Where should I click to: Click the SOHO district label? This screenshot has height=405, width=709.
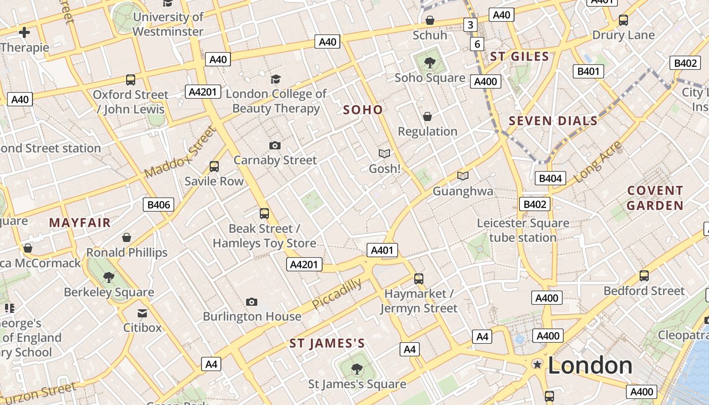[x=363, y=109]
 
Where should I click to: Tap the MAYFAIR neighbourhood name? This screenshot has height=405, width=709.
[x=80, y=222]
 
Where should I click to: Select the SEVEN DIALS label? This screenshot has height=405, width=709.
[x=553, y=121]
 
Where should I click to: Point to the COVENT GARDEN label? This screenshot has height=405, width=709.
[x=655, y=198]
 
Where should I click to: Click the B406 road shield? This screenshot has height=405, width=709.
[x=159, y=205]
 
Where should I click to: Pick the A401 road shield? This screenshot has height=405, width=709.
[x=382, y=250]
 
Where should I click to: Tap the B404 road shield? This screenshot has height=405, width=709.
[x=550, y=178]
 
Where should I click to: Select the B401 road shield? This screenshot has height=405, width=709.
[x=588, y=71]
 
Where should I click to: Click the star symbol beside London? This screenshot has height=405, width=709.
[x=537, y=364]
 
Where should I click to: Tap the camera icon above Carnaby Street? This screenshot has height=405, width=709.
[x=274, y=146]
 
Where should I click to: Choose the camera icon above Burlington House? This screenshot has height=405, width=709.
[x=251, y=302]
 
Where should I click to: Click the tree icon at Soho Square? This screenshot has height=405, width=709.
[x=429, y=63]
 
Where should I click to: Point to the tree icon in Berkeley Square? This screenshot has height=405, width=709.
[x=108, y=277]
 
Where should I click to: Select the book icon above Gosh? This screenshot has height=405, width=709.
[x=384, y=153]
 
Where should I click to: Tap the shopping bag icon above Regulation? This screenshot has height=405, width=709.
[x=427, y=116]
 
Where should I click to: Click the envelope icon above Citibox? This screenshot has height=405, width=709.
[x=142, y=313]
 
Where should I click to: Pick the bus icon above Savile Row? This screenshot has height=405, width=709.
[x=214, y=166]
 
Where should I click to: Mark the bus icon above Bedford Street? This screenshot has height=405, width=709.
[x=644, y=276]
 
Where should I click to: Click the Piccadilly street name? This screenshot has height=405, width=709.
[x=337, y=294]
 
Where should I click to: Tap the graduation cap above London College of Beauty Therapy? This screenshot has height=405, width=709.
[x=275, y=79]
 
